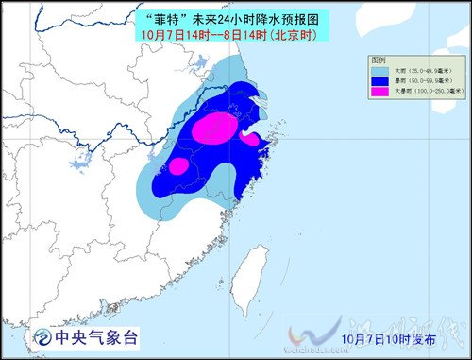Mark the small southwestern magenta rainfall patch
tap(177, 166)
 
